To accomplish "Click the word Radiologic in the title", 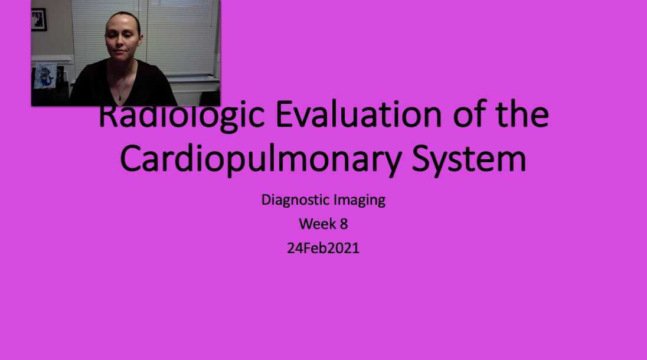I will click(180, 116).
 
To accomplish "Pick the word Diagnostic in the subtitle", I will click(295, 200).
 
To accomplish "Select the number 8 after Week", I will click(344, 224).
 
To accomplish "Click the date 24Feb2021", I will click(323, 248).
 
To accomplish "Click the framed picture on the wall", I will click(38, 19).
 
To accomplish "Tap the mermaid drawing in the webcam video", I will click(45, 76).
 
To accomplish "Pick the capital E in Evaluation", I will click(289, 115).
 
